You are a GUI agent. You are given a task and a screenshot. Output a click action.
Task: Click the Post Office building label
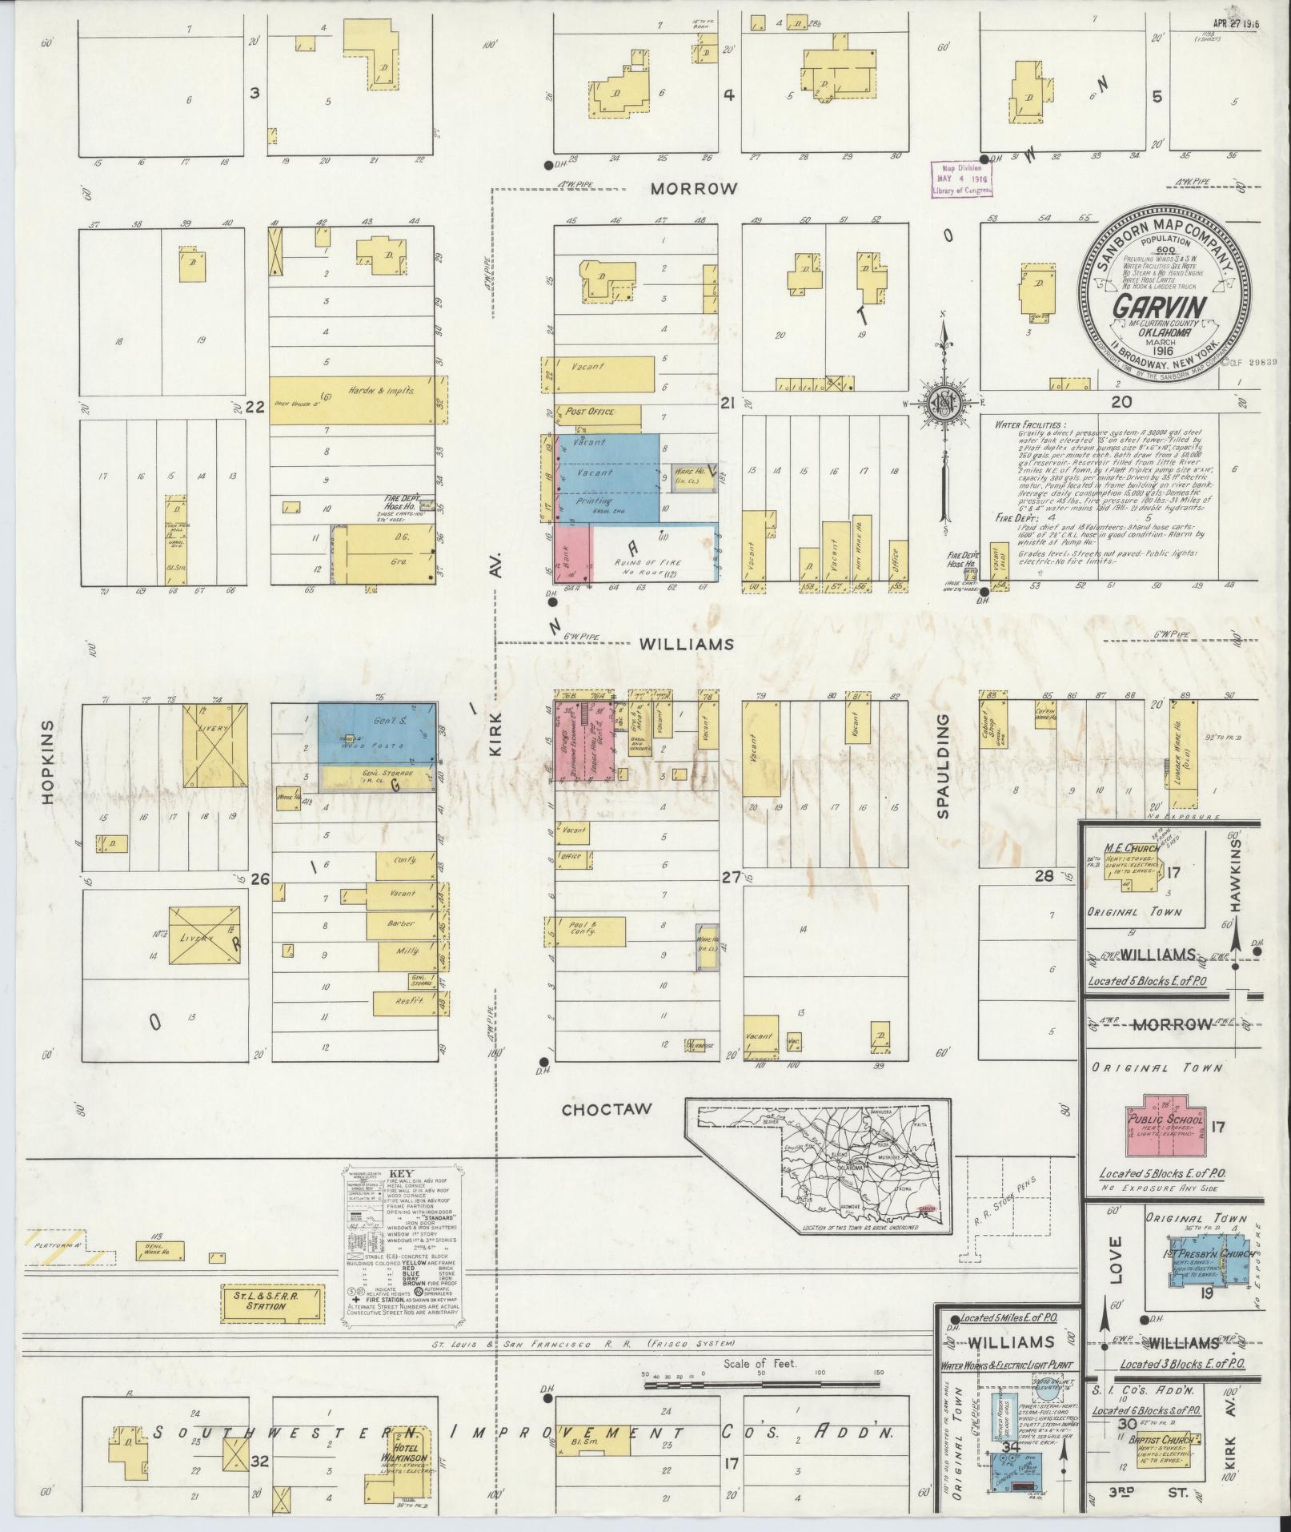click(x=591, y=412)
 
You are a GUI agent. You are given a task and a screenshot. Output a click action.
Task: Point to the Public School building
click(x=1164, y=1125)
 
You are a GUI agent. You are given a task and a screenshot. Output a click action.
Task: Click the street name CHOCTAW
click(x=607, y=1110)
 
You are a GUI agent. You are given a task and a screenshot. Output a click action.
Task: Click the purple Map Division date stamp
click(x=960, y=179)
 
